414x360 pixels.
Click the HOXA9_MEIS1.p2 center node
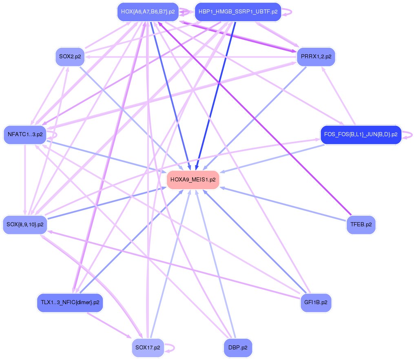(x=193, y=179)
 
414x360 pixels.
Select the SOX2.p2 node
(x=70, y=57)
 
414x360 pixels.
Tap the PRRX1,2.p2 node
(x=316, y=57)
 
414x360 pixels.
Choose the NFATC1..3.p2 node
(x=25, y=135)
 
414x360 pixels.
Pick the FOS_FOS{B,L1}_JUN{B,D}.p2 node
(x=361, y=135)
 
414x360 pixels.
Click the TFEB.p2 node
(x=361, y=225)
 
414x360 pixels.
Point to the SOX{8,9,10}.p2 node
(x=25, y=225)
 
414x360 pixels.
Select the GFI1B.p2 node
(x=316, y=303)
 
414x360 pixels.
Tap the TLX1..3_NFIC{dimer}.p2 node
(x=70, y=303)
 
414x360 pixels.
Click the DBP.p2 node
(x=238, y=348)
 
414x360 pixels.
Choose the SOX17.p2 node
(x=148, y=348)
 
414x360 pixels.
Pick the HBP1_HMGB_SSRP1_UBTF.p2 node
(x=238, y=12)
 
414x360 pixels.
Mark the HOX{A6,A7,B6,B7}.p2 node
(x=148, y=12)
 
